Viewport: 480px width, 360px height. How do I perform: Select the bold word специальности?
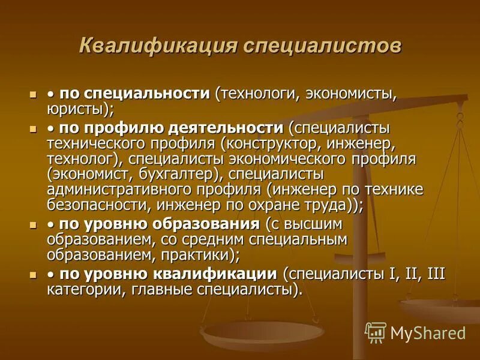tap(146, 94)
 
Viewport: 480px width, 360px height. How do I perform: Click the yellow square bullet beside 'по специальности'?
tap(33, 95)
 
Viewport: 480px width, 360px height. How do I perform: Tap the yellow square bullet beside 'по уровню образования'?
tap(33, 225)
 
